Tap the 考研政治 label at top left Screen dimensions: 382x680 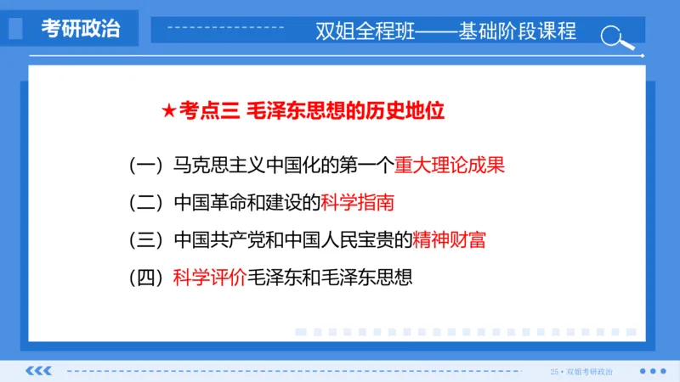pos(81,29)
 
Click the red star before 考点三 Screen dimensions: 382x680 pos(167,111)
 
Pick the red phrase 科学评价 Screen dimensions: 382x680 pos(209,278)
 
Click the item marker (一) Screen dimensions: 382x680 pos(147,165)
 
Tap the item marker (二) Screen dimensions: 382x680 pos(147,203)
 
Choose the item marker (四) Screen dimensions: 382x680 pos(147,278)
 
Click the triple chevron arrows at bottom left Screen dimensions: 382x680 pos(40,371)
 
